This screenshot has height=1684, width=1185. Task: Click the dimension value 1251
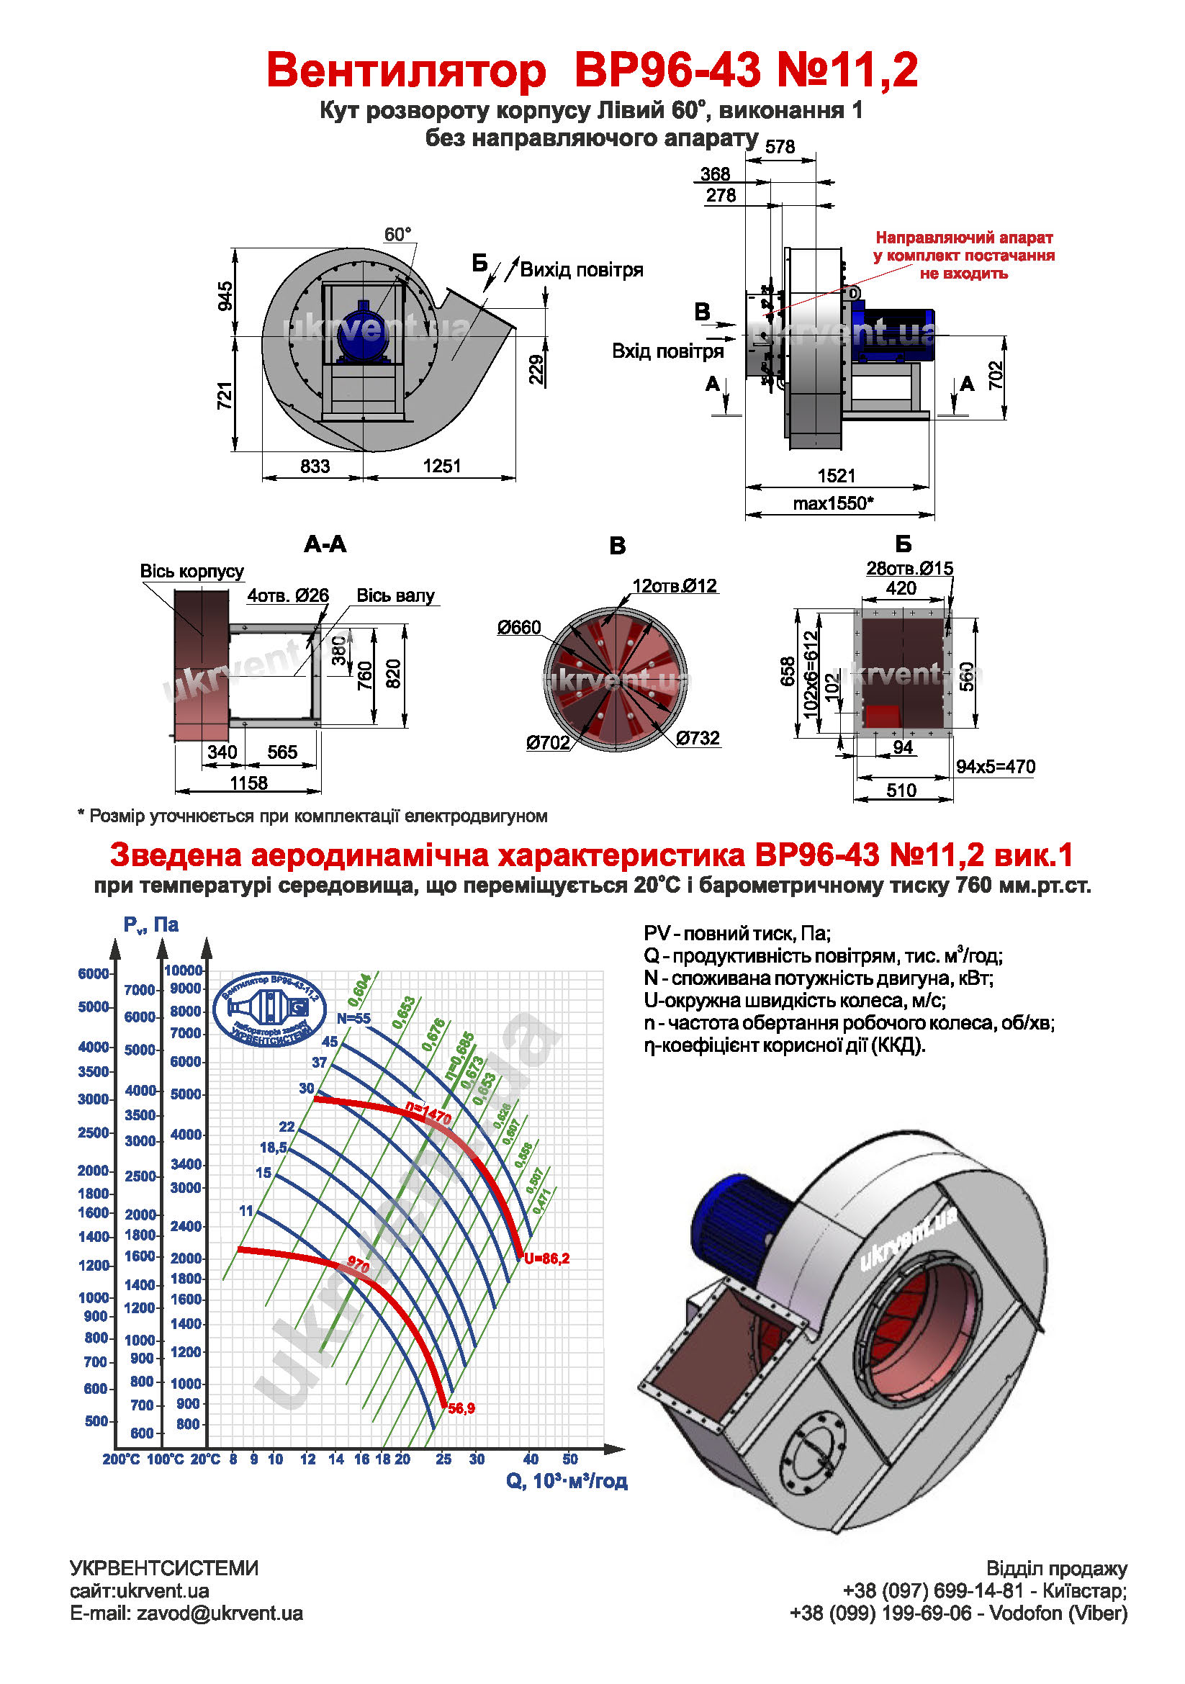441,466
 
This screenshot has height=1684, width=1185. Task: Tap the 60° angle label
397,235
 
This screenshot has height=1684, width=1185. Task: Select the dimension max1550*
833,503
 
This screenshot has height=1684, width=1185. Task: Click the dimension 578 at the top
780,147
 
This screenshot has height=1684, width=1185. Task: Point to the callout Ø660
518,627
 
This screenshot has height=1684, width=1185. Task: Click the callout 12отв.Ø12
675,586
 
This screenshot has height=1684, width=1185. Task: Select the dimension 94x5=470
995,767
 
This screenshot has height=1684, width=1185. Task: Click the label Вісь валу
395,595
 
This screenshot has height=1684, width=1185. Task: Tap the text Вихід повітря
582,270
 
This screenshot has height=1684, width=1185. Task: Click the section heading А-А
325,544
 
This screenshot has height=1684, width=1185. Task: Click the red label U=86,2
546,1259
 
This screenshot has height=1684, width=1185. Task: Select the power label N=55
353,1018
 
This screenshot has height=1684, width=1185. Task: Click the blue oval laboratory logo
269,1009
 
